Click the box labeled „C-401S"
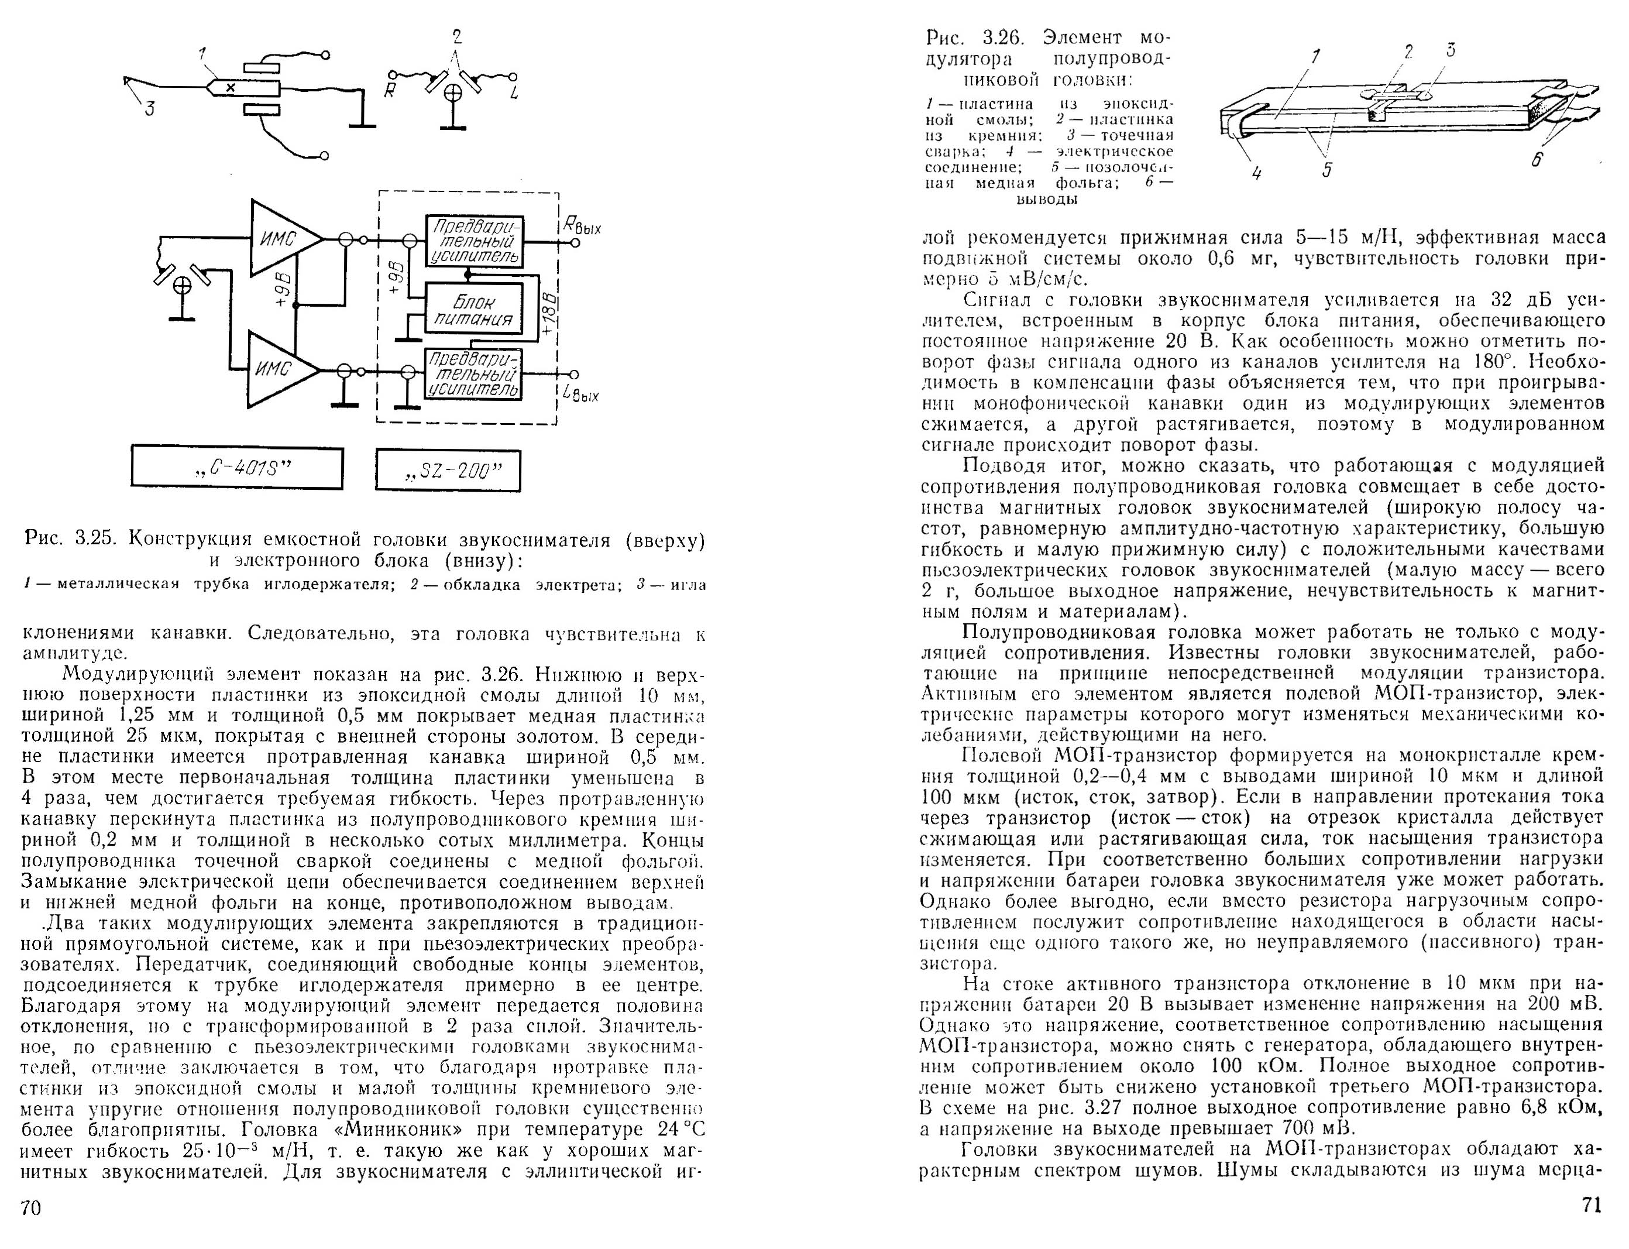[x=237, y=468]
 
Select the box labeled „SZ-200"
[x=448, y=471]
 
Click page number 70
[x=31, y=1208]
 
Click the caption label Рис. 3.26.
[x=980, y=37]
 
